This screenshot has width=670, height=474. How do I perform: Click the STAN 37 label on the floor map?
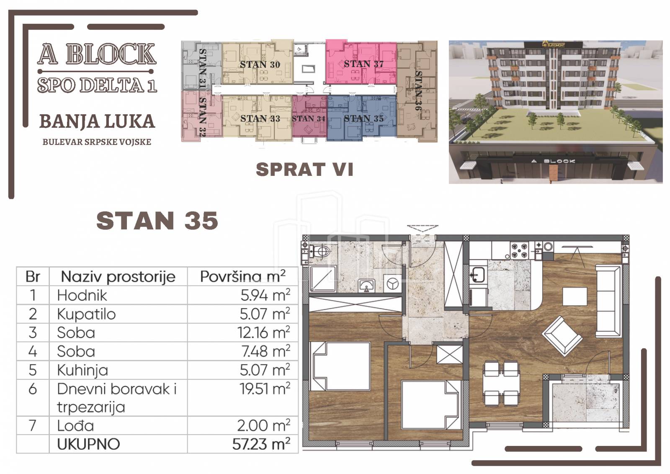pos(363,64)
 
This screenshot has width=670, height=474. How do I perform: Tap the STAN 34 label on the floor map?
pos(308,119)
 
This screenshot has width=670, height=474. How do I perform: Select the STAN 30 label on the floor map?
pos(260,64)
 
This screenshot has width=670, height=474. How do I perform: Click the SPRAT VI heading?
pos(304,170)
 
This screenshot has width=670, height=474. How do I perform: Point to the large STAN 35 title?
pos(157,221)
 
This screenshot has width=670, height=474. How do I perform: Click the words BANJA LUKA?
pos(97,121)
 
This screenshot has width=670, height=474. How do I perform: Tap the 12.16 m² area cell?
pos(264,332)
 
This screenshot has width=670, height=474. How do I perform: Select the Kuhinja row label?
pos(82,370)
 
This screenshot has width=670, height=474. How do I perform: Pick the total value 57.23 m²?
pos(261,444)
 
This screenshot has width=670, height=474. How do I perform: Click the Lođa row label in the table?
pos(75,425)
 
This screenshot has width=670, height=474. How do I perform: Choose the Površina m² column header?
pos(242,277)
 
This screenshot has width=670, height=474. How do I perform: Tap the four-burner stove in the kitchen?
pos(519,250)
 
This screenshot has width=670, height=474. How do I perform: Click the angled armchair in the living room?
pos(562,336)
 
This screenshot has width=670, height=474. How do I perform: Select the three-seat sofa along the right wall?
pos(609,301)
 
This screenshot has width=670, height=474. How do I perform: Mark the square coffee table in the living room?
pos(575,296)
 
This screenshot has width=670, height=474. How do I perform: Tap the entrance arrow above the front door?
pos(423,229)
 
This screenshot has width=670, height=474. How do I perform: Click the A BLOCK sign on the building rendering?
pos(553,161)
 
